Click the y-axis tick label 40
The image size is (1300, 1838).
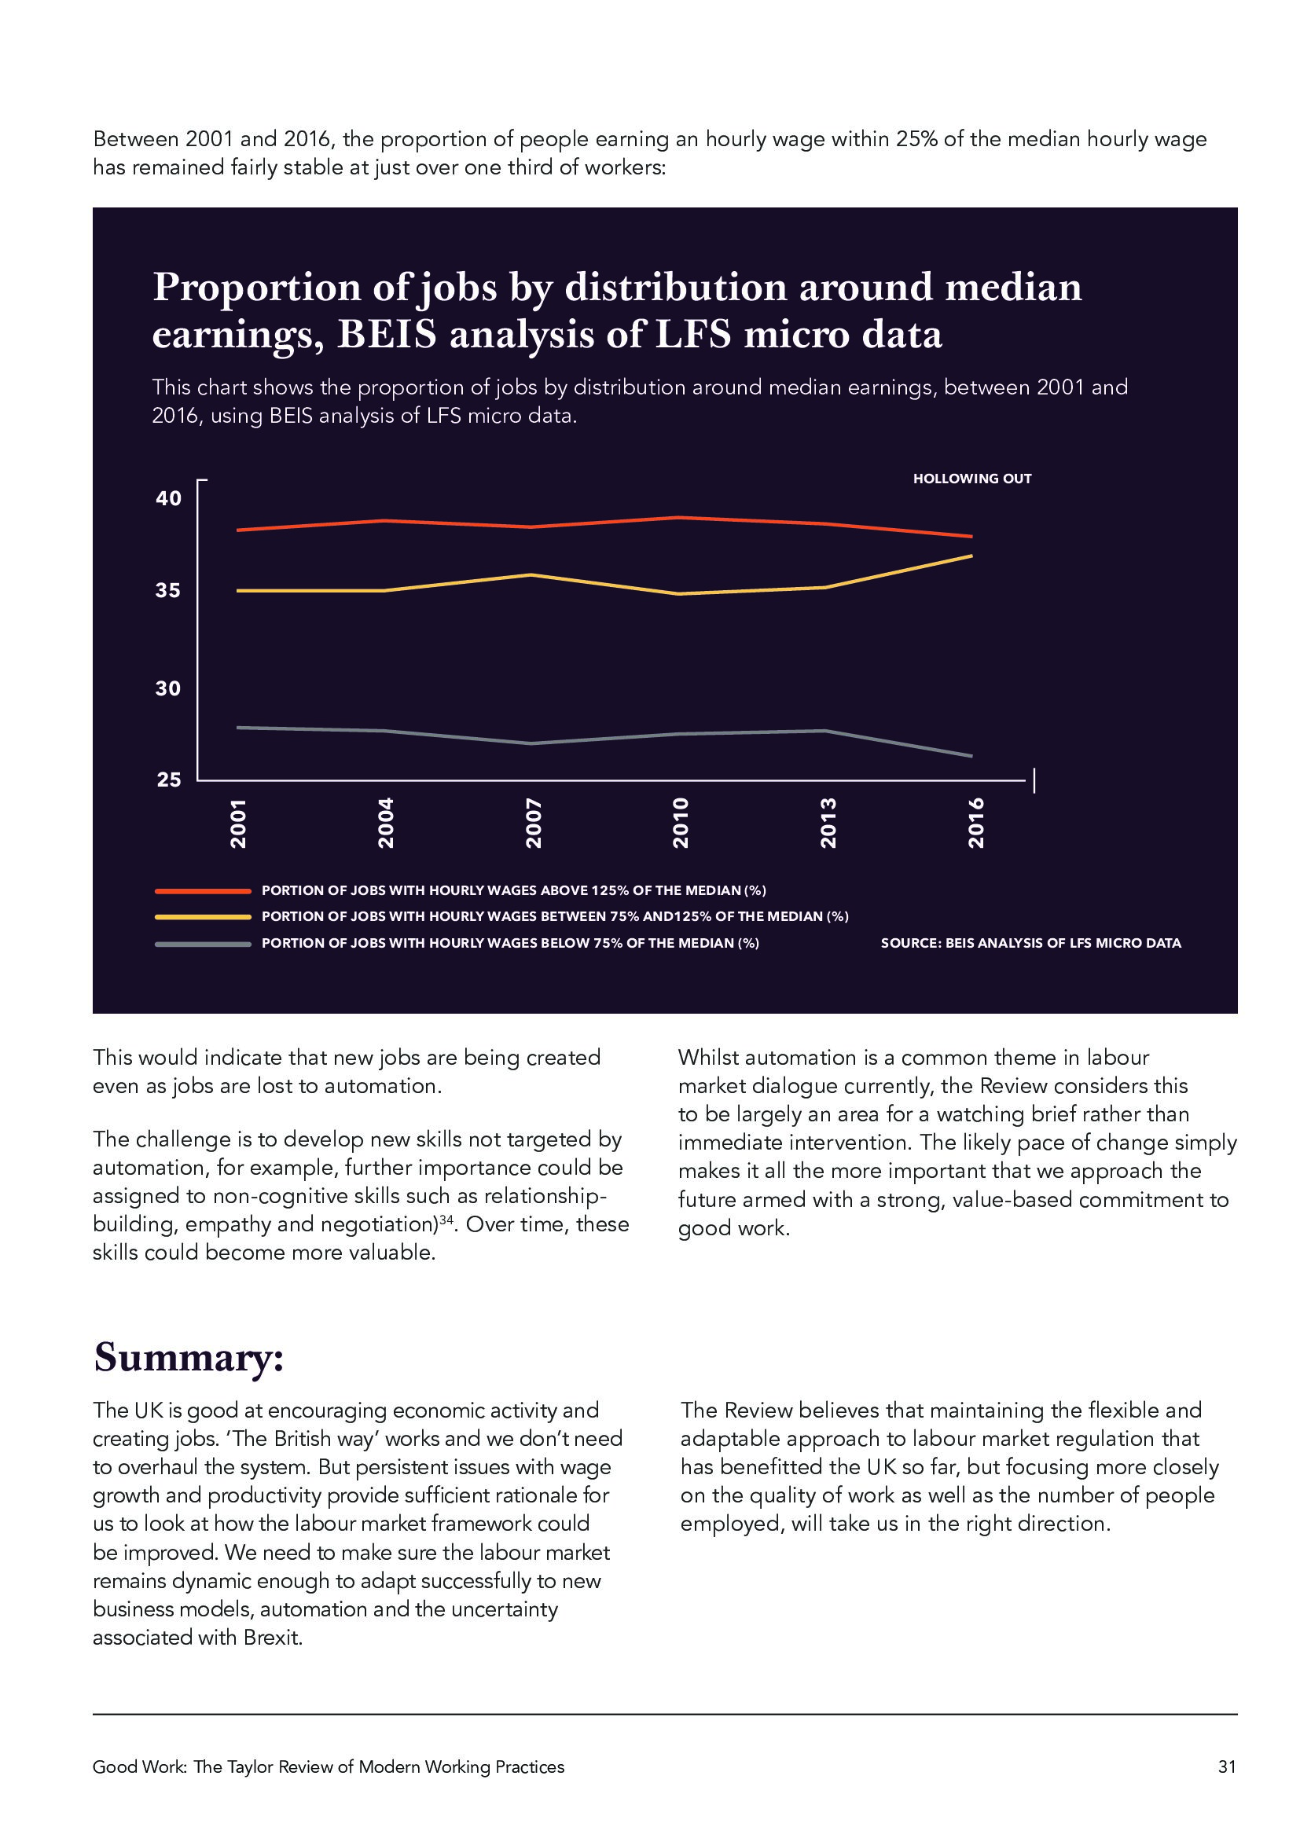click(x=168, y=498)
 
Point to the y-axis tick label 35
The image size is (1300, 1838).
click(x=168, y=590)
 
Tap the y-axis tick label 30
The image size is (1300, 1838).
click(x=168, y=688)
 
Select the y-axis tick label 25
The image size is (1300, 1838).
click(x=168, y=779)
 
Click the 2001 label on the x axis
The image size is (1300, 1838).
click(x=237, y=822)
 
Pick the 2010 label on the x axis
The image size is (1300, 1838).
click(x=681, y=822)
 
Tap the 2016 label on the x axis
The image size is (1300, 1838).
click(x=976, y=822)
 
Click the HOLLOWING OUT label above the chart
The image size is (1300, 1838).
click(x=971, y=479)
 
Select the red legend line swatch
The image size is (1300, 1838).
click(x=204, y=890)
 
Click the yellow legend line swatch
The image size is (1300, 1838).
click(x=204, y=916)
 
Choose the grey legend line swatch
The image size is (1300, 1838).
click(x=204, y=944)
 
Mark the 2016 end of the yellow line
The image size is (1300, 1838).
click(x=971, y=556)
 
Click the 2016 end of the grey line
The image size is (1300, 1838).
click(x=971, y=756)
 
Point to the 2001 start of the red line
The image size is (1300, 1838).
click(x=239, y=530)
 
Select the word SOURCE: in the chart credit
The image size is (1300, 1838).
click(x=910, y=943)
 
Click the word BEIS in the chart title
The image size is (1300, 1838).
click(x=387, y=334)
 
